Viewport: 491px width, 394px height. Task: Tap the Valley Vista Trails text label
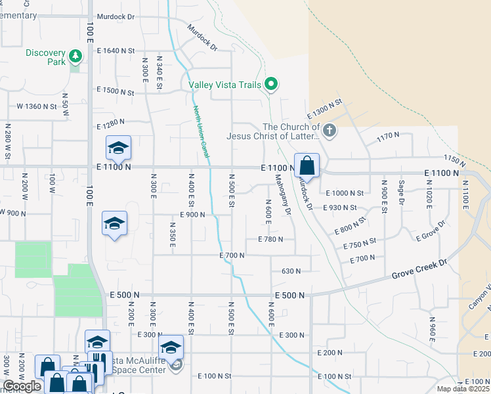click(224, 84)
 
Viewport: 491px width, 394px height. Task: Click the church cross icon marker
click(330, 131)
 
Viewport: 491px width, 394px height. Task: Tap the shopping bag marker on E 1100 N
click(307, 167)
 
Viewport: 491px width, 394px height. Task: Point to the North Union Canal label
click(200, 132)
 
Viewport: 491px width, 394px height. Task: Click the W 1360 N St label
click(38, 106)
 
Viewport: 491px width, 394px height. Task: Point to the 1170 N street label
click(388, 136)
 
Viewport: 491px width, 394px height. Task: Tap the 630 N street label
click(291, 271)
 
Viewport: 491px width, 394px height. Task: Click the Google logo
click(22, 386)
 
